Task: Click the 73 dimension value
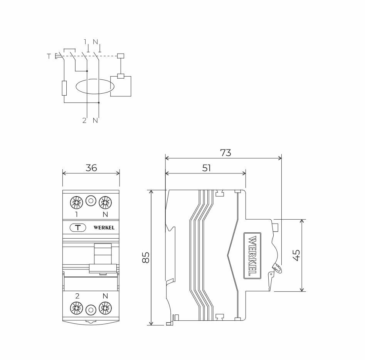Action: (225, 153)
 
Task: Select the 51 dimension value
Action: (206, 168)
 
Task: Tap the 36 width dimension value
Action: (91, 168)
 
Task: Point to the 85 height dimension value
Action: (146, 257)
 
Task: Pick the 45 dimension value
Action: (296, 255)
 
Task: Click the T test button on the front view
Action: (78, 227)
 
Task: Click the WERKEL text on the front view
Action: (104, 227)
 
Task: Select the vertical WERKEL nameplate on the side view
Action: (252, 256)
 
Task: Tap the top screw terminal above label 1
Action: (76, 202)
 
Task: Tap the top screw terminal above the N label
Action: (105, 202)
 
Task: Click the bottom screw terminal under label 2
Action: (76, 308)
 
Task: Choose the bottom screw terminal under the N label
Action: (105, 308)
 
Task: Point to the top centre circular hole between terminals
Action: (91, 201)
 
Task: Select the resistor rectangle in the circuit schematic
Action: (64, 88)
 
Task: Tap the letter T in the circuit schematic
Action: (49, 56)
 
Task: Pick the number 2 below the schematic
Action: (84, 121)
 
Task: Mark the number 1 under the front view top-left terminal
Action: (76, 214)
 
